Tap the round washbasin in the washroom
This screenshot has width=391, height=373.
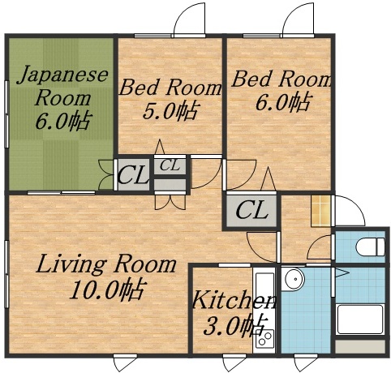click(294, 281)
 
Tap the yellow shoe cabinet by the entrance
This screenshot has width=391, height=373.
click(321, 212)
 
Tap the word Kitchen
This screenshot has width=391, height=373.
click(232, 302)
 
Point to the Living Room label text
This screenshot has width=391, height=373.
click(106, 264)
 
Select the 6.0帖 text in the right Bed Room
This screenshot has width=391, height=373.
click(281, 102)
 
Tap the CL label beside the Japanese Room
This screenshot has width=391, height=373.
click(133, 175)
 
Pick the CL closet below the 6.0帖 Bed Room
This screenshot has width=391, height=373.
click(251, 211)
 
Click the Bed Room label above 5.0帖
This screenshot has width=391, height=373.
click(170, 88)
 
